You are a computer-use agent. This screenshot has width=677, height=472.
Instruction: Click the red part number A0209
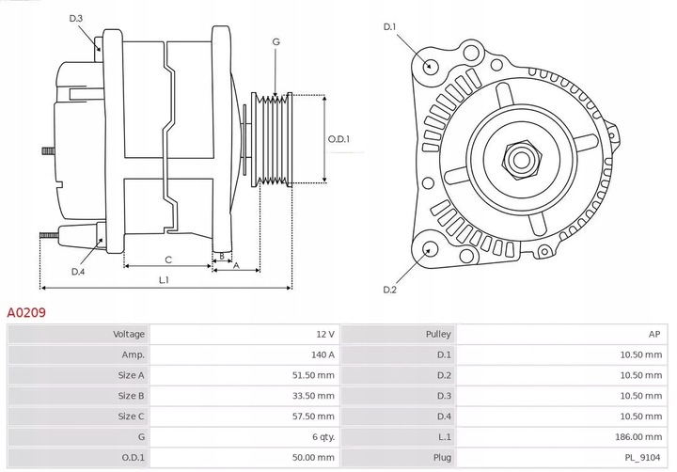pos(27,311)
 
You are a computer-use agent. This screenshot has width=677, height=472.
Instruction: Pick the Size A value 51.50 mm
pos(314,375)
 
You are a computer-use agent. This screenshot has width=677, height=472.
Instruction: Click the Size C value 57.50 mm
pos(314,417)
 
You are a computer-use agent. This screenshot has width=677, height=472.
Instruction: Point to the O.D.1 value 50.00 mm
pos(314,458)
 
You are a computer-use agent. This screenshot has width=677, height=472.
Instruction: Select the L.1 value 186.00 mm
pos(639,437)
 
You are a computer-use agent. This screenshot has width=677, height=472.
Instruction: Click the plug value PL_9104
pos(643,458)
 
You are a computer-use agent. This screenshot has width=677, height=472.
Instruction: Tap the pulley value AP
pos(654,334)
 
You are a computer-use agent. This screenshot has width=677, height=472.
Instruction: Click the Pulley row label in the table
pos(439,334)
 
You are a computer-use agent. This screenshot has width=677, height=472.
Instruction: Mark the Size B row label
pos(131,396)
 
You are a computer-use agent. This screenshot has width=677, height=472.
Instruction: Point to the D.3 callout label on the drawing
pos(76,19)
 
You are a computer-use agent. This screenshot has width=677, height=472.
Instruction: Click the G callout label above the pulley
pos(276,41)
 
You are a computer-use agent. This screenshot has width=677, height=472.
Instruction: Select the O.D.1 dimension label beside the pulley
pos(338,139)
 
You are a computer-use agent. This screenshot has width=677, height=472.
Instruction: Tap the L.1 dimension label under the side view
pos(165,279)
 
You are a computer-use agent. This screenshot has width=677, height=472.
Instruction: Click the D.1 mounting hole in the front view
pos(431,65)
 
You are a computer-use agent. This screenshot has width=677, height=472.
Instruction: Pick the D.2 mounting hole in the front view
pos(430,249)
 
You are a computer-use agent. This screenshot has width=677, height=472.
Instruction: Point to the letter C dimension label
pos(168,260)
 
